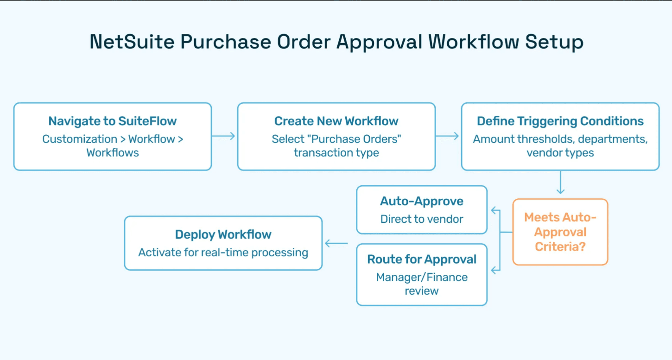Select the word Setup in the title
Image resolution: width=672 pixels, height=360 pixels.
pos(554,42)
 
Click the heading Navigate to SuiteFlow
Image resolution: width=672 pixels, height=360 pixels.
pos(113,121)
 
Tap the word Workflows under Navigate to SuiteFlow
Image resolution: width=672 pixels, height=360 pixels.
pos(113,153)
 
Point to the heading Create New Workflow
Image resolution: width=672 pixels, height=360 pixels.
pos(336,121)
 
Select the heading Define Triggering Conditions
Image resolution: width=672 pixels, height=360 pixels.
pos(560,121)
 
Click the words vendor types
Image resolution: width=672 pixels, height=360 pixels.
pos(560,153)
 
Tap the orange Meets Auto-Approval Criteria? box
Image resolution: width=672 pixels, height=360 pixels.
pos(560,232)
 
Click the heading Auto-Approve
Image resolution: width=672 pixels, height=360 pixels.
pos(421,201)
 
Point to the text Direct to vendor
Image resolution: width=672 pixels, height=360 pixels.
pos(421,219)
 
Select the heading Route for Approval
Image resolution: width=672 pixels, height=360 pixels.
pos(421,259)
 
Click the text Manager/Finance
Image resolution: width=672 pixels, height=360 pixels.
pos(421,277)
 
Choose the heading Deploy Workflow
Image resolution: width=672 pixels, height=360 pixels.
pos(223,234)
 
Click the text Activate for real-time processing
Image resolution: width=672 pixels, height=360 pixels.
pos(223,253)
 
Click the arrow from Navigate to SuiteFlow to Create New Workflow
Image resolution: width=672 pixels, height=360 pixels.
pos(223,136)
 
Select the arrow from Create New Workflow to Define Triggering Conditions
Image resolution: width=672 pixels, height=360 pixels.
pos(447,136)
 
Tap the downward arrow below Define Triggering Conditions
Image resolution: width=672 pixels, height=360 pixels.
pos(560,183)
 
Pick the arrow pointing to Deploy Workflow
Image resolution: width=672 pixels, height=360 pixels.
pos(336,243)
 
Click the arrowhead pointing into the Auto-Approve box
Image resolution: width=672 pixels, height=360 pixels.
pos(494,210)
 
